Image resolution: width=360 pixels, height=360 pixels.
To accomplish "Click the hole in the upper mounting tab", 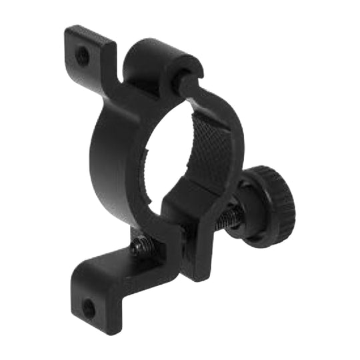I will coord(82,56).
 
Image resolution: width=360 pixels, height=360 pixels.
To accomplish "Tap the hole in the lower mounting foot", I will coord(89,307).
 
